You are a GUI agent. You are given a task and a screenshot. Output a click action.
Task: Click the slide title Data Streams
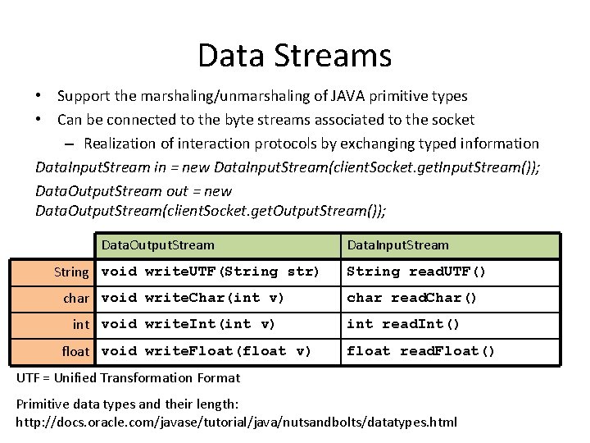pos(294,56)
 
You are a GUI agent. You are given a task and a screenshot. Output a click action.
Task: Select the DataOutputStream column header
pos(157,245)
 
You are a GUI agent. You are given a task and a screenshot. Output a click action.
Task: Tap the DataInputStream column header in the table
pos(398,245)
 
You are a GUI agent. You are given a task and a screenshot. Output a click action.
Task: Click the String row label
pos(71,272)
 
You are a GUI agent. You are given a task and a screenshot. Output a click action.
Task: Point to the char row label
pos(76,298)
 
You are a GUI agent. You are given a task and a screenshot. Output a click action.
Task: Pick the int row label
pos(81,324)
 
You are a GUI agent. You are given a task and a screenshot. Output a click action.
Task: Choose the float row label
pos(75,351)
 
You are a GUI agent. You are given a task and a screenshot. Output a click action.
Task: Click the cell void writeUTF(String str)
pos(211,272)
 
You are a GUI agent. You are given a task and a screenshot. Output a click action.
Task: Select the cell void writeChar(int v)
pos(193,298)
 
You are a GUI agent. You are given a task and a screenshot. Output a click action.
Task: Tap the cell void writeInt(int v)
pos(188,324)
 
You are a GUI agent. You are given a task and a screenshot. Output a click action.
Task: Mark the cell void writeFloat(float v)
pos(206,351)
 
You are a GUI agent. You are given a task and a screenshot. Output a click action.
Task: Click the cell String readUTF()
pos(416,272)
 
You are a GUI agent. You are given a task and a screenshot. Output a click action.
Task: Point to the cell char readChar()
pos(411,298)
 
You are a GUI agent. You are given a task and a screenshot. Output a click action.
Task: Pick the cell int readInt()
pos(403,324)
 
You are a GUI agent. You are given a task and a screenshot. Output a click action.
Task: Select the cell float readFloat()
pos(421,351)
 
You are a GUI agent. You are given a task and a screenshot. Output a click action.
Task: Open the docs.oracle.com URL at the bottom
pos(237,422)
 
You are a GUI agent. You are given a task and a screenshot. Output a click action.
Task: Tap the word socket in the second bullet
pos(453,120)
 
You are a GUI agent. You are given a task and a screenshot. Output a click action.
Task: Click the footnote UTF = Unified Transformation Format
pos(129,378)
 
